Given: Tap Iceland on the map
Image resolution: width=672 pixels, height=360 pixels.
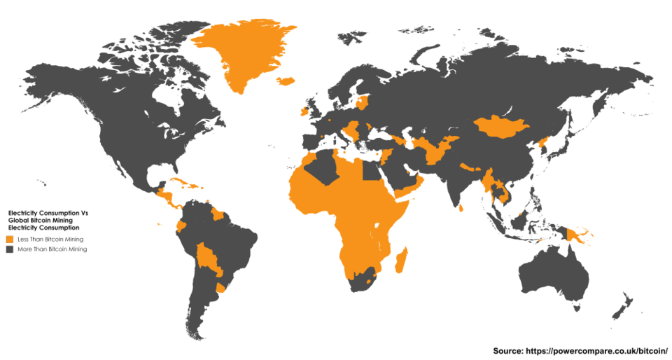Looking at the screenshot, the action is (x=286, y=81).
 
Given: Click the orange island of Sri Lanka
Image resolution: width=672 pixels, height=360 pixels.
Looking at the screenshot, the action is (x=462, y=207).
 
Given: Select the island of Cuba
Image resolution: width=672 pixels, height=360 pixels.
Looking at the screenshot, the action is (x=177, y=182).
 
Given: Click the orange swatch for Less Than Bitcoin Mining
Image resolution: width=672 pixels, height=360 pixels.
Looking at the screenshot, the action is (x=10, y=240).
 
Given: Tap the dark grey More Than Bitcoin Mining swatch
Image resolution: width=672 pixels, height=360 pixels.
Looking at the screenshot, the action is (x=10, y=249).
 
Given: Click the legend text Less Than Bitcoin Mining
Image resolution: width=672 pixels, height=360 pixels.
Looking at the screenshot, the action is (x=50, y=240).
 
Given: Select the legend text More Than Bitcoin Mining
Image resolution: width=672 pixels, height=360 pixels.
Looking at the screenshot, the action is (x=52, y=249).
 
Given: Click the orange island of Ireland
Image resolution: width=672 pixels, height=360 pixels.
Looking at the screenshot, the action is (x=304, y=111).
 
